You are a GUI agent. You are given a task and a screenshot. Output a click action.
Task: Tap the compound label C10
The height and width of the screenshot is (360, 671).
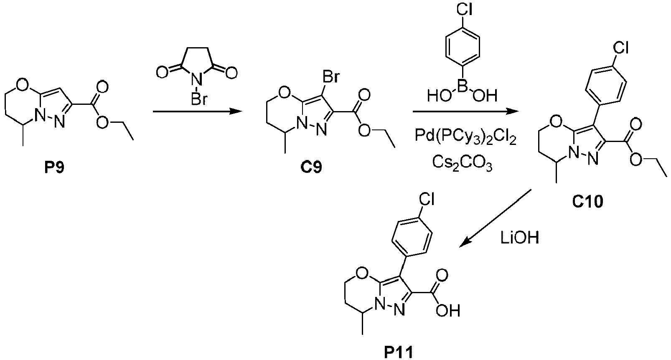point(587,202)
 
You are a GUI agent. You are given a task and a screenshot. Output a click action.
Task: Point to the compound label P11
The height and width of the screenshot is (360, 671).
point(399,352)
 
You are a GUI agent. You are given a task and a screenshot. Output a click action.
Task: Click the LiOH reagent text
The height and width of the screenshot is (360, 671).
point(520,238)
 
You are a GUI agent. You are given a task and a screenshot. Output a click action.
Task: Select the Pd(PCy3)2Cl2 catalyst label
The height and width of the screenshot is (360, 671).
point(465,137)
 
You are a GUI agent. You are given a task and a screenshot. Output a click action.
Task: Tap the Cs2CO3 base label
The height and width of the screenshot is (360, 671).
point(463,163)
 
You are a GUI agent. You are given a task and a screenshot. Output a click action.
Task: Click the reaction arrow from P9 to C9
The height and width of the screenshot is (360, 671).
point(197,112)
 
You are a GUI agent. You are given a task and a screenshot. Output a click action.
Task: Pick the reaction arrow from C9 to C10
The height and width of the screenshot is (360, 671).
point(466,112)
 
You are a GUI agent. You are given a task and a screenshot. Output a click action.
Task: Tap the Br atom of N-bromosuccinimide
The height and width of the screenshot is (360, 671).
point(199,99)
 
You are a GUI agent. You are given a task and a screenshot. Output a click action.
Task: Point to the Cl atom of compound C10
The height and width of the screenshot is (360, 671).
point(621,48)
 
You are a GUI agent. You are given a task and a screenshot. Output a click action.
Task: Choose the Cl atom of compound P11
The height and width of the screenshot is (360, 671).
point(426,198)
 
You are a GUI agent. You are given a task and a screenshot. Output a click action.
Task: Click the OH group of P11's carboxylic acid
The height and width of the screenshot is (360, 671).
point(447,311)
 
